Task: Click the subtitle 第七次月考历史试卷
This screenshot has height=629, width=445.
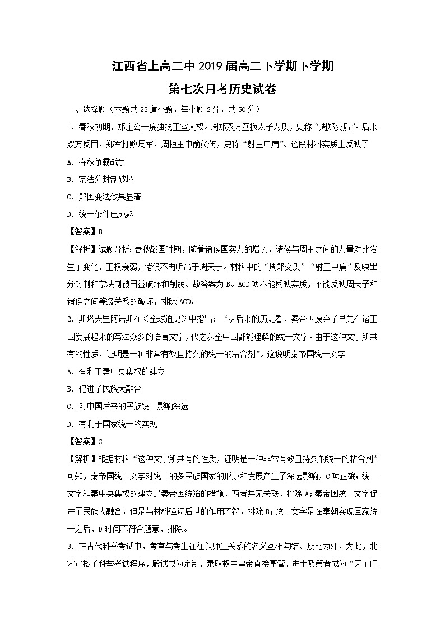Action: click(x=222, y=90)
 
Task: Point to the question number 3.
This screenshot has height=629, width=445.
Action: click(x=69, y=546)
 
